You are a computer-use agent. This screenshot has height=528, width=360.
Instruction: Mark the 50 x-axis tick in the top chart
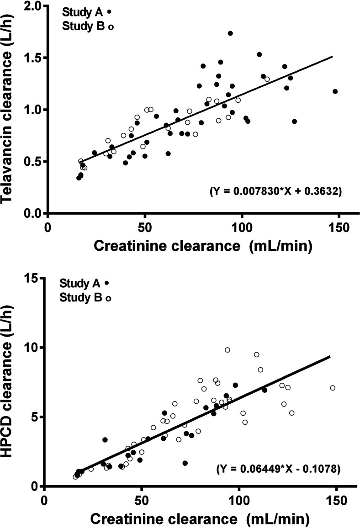145,226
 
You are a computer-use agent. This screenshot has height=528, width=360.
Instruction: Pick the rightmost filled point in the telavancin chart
335,91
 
